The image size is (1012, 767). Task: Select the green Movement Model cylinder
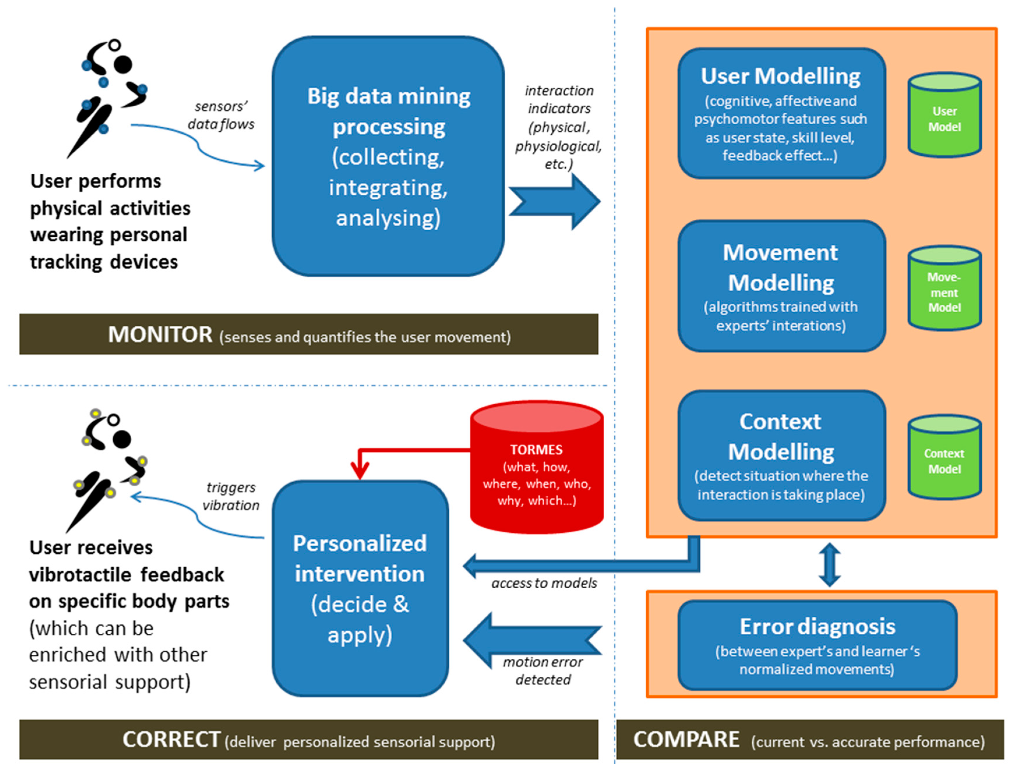[x=944, y=288]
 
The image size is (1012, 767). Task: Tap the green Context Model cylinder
[x=944, y=457]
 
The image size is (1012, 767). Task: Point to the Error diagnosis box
[x=817, y=645]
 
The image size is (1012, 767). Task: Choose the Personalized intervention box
[x=360, y=588]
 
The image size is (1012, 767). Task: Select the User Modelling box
[x=781, y=113]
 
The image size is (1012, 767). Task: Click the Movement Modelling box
[x=781, y=286]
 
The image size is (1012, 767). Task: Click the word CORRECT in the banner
[x=171, y=740]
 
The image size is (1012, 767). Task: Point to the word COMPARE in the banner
[x=686, y=740]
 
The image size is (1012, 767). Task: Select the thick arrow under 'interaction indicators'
[x=554, y=201]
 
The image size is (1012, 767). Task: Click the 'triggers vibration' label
[x=231, y=496]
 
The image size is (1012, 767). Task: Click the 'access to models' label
[x=544, y=583]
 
